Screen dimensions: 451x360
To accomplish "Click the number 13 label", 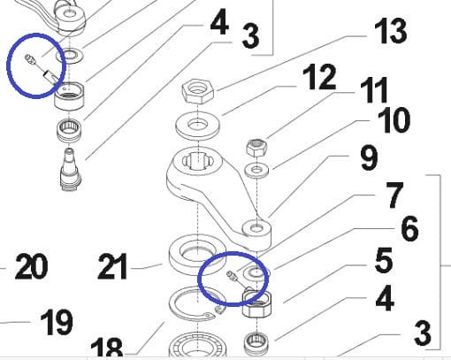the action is point(391,30).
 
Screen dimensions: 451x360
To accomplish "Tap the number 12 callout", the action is point(319,77).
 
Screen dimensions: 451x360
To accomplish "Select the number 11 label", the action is point(374,90).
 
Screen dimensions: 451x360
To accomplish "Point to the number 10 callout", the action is point(394,120).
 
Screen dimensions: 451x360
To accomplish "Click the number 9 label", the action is point(369,158).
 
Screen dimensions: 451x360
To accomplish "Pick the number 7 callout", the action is point(394,195).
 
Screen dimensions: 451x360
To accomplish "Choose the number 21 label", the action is point(112,266).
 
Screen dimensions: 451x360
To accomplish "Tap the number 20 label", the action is point(31,266).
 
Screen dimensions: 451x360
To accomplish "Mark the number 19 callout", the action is point(57,322).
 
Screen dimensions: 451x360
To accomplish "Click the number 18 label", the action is point(107,348).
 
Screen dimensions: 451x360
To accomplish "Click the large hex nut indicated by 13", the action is point(197,91).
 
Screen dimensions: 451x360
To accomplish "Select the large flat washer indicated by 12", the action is point(197,126).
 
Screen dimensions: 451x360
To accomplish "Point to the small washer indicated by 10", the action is point(257,171).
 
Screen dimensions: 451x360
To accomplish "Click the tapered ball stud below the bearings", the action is point(70,170).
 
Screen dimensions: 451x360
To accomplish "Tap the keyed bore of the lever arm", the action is point(197,161).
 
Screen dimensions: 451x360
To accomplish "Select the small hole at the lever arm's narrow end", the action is point(256,228).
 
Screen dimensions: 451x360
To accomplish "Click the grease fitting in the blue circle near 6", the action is point(233,277).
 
